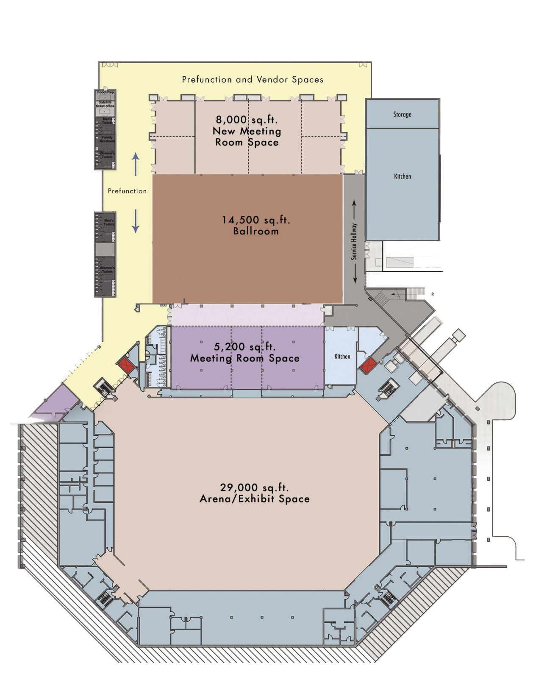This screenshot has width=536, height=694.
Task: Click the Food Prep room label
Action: [x=105, y=92]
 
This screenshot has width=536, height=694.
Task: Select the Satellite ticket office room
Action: [x=105, y=104]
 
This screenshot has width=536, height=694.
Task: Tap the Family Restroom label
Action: [x=107, y=139]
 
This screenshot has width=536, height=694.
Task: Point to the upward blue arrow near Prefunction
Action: [x=136, y=164]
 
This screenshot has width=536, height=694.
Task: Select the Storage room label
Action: [x=402, y=114]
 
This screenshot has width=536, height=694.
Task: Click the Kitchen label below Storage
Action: [x=402, y=176]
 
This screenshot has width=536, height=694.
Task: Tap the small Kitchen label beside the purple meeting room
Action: [x=342, y=356]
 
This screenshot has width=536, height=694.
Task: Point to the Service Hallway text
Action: [x=354, y=242]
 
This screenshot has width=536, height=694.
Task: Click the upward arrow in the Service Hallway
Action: [x=354, y=209]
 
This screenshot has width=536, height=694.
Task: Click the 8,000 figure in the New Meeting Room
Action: [x=231, y=120]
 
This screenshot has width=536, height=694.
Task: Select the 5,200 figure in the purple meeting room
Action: [x=229, y=347]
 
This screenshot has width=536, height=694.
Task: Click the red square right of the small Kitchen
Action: [x=368, y=365]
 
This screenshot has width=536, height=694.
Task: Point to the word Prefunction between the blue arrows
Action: [x=127, y=191]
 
